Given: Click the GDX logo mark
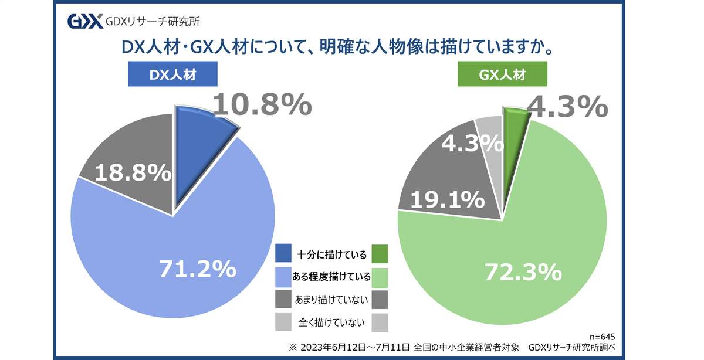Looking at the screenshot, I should pyautogui.click(x=86, y=22).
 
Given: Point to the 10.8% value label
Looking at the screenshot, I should pyautogui.click(x=261, y=105).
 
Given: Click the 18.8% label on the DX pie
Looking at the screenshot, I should pyautogui.click(x=133, y=172).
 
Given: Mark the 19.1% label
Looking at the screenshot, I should pyautogui.click(x=447, y=200).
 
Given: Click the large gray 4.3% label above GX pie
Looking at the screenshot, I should pyautogui.click(x=565, y=107).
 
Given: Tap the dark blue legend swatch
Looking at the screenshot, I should pyautogui.click(x=285, y=254).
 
